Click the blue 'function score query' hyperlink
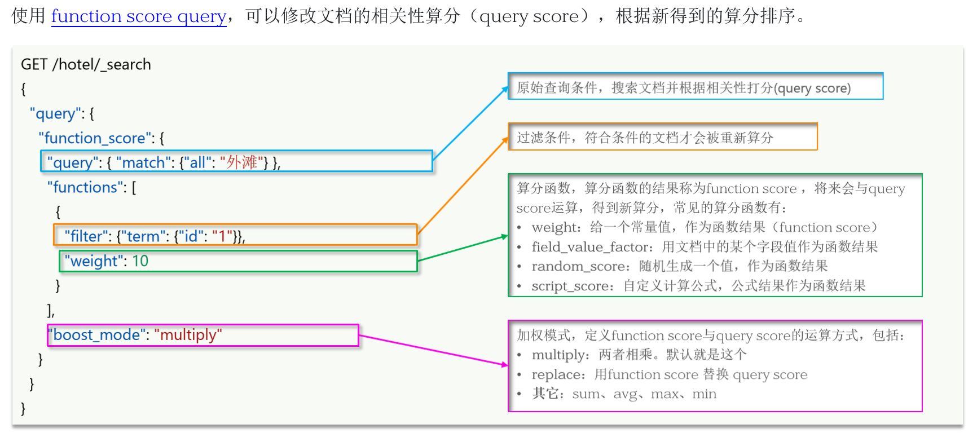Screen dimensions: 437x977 138,16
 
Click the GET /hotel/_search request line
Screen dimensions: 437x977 86,64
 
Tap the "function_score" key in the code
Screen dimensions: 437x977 94,138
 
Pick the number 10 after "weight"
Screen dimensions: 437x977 140,261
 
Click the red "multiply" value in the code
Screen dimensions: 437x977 188,335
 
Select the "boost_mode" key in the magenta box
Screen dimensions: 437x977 96,335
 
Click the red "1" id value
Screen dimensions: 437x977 222,236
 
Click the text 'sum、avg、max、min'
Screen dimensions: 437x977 644,394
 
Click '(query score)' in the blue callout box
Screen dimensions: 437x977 812,88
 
